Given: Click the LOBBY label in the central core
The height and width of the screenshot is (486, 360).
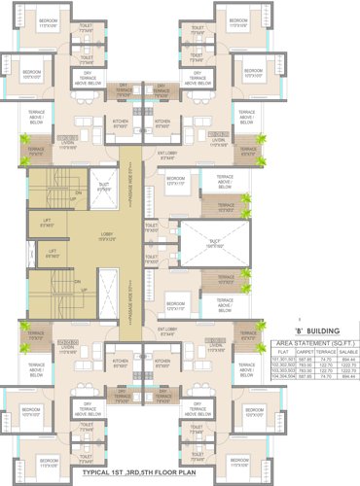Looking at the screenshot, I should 105,236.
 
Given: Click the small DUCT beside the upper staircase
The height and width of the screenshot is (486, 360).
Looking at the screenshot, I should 104,188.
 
